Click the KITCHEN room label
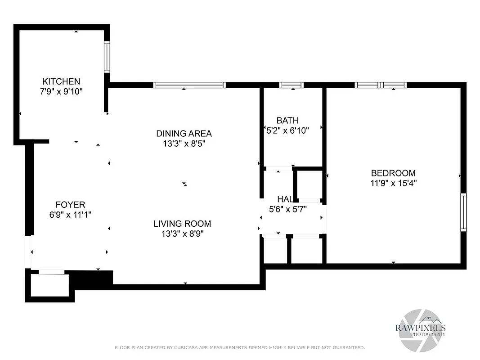[61, 81]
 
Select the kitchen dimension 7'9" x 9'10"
[61, 91]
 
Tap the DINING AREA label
[184, 133]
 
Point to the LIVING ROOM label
[182, 224]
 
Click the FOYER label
[70, 205]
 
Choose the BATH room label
[287, 120]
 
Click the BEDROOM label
[393, 173]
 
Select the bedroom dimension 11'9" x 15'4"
[393, 183]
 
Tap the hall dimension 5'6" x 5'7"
[288, 209]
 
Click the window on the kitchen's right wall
[107, 57]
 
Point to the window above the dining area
[189, 85]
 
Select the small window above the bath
[291, 85]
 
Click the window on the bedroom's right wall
[463, 212]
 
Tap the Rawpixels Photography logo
[420, 329]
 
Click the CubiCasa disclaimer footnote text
[240, 347]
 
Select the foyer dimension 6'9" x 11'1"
[70, 215]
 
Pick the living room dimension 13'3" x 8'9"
[182, 234]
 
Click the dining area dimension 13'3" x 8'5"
[184, 144]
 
